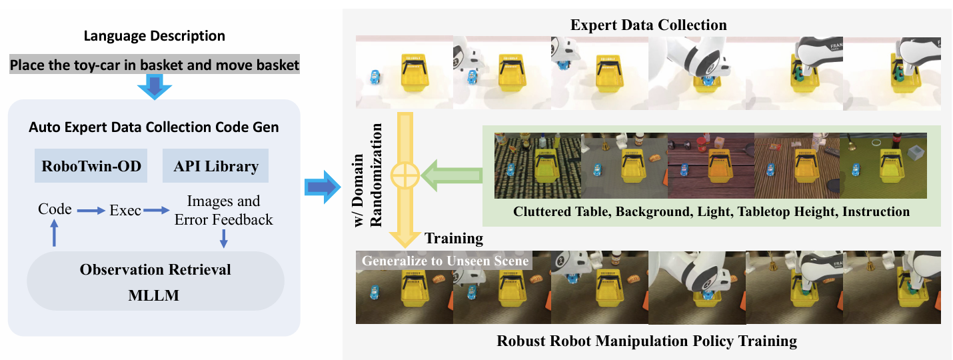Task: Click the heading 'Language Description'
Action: (x=153, y=36)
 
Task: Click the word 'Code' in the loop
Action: (x=55, y=209)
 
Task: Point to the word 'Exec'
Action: (x=125, y=211)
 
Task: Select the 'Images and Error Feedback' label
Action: (x=223, y=210)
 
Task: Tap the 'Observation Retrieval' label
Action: (x=155, y=270)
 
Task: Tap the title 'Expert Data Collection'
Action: (x=648, y=25)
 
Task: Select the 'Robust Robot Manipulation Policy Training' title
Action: (x=646, y=341)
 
